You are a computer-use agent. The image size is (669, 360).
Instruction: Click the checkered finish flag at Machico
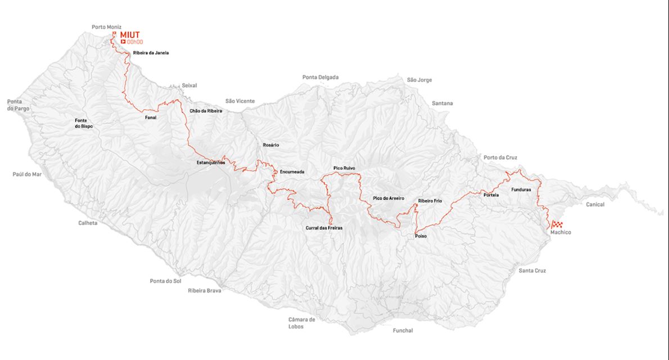[x=557, y=224]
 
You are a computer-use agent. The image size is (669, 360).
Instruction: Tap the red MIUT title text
[x=130, y=34]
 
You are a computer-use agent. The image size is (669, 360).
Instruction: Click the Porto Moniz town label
[x=106, y=27]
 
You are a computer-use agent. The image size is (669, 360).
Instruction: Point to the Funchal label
[x=403, y=331]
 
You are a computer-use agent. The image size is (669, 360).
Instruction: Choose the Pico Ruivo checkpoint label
[x=344, y=168]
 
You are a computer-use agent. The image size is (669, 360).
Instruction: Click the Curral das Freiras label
[x=324, y=228]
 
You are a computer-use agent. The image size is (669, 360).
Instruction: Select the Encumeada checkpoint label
[x=292, y=172]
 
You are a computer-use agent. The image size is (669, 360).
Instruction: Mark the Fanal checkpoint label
[x=150, y=118]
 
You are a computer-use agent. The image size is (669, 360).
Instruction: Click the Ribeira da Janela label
[x=151, y=53]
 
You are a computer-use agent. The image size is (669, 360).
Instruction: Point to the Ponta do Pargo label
[x=18, y=105]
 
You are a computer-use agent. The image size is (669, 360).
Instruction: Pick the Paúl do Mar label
[x=27, y=174]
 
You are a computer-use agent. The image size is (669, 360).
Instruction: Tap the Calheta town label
[x=88, y=223]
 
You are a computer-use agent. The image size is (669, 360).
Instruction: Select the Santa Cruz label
[x=532, y=271]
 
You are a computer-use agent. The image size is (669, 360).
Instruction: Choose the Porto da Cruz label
[x=500, y=157]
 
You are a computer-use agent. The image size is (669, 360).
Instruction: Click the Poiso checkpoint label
[x=421, y=236]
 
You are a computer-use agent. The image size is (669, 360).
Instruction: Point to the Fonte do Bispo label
[x=84, y=124]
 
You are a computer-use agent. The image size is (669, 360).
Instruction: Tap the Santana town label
[x=442, y=103]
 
